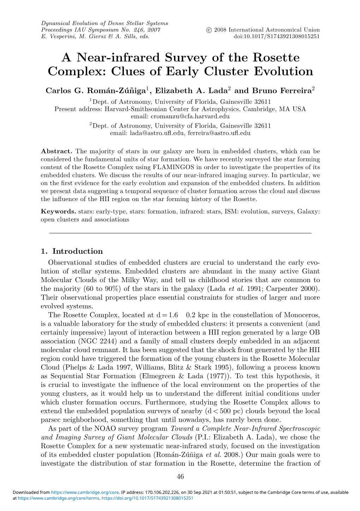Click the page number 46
click(x=180, y=477)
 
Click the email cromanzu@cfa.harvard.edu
click(x=190, y=116)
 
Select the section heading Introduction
click(x=77, y=251)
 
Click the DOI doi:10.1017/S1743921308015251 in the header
click(x=277, y=36)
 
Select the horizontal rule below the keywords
click(x=180, y=233)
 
